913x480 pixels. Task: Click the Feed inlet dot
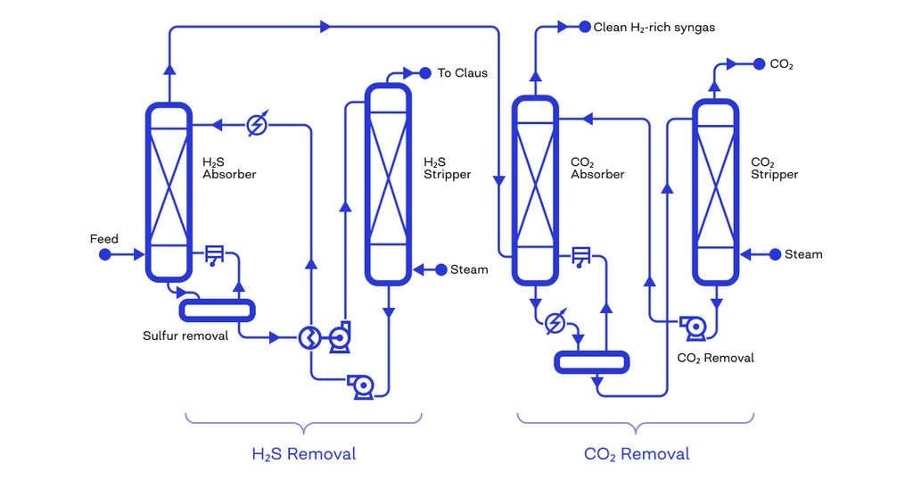(104, 254)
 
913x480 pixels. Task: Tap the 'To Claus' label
(462, 72)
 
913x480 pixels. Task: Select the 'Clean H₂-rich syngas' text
(654, 27)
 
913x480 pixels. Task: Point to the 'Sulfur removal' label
(185, 336)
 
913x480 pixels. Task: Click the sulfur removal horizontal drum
(218, 310)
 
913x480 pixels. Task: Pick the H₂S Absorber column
(169, 191)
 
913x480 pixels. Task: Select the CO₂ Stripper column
(716, 191)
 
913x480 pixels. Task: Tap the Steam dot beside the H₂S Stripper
(440, 269)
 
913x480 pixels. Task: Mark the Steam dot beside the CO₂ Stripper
(775, 254)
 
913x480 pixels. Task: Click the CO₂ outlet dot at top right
(760, 64)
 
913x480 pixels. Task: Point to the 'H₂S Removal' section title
(303, 454)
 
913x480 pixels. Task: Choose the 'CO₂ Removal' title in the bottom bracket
(637, 454)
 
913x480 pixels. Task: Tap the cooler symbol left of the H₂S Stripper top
(257, 125)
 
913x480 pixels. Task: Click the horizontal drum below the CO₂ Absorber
(592, 361)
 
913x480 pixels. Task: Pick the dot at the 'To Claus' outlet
(425, 72)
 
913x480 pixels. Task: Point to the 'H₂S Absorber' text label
(229, 168)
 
